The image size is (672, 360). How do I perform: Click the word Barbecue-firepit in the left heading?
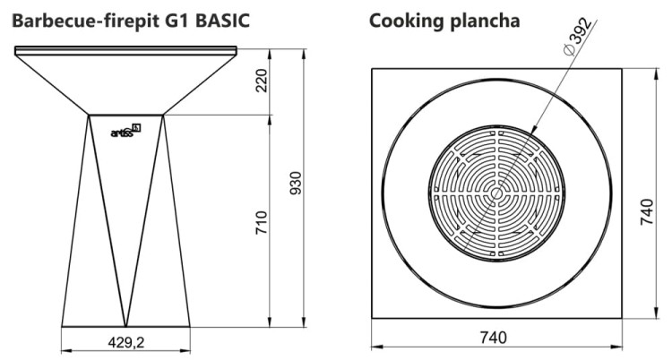pyautogui.click(x=86, y=19)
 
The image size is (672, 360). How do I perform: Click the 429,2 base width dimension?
pyautogui.click(x=126, y=341)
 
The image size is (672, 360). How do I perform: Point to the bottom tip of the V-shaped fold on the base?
pyautogui.click(x=126, y=326)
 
